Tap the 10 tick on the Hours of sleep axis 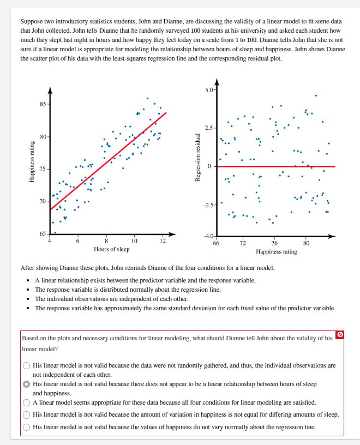coord(134,241)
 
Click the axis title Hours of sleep coord(112,249)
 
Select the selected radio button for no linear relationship coord(26,384)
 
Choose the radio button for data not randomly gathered coord(26,365)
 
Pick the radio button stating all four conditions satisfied coord(26,402)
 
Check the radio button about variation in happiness coord(26,415)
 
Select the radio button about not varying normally coord(26,428)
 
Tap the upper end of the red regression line coord(165,113)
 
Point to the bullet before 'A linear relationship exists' coord(28,280)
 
